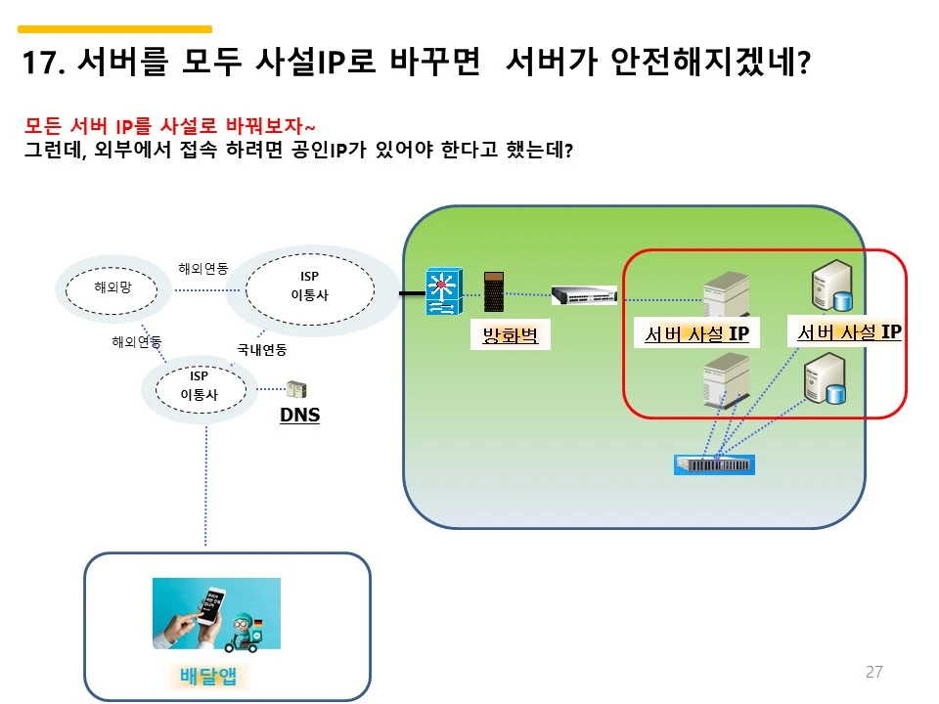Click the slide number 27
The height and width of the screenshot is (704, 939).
(873, 672)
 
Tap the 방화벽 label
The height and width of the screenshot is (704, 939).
(511, 336)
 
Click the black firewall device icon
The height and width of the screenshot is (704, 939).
(495, 291)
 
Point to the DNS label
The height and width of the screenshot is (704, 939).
(299, 416)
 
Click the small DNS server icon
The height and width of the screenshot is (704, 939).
(295, 389)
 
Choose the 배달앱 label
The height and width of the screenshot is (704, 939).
(209, 676)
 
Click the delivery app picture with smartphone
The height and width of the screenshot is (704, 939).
(216, 613)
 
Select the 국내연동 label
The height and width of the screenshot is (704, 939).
(262, 349)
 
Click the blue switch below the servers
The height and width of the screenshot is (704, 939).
(715, 464)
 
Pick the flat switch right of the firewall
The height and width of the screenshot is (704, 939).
(584, 293)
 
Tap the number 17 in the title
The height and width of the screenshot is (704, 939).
(41, 64)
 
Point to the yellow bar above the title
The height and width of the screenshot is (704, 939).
(115, 29)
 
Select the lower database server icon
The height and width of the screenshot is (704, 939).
(824, 380)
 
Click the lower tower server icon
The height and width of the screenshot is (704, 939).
(726, 379)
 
